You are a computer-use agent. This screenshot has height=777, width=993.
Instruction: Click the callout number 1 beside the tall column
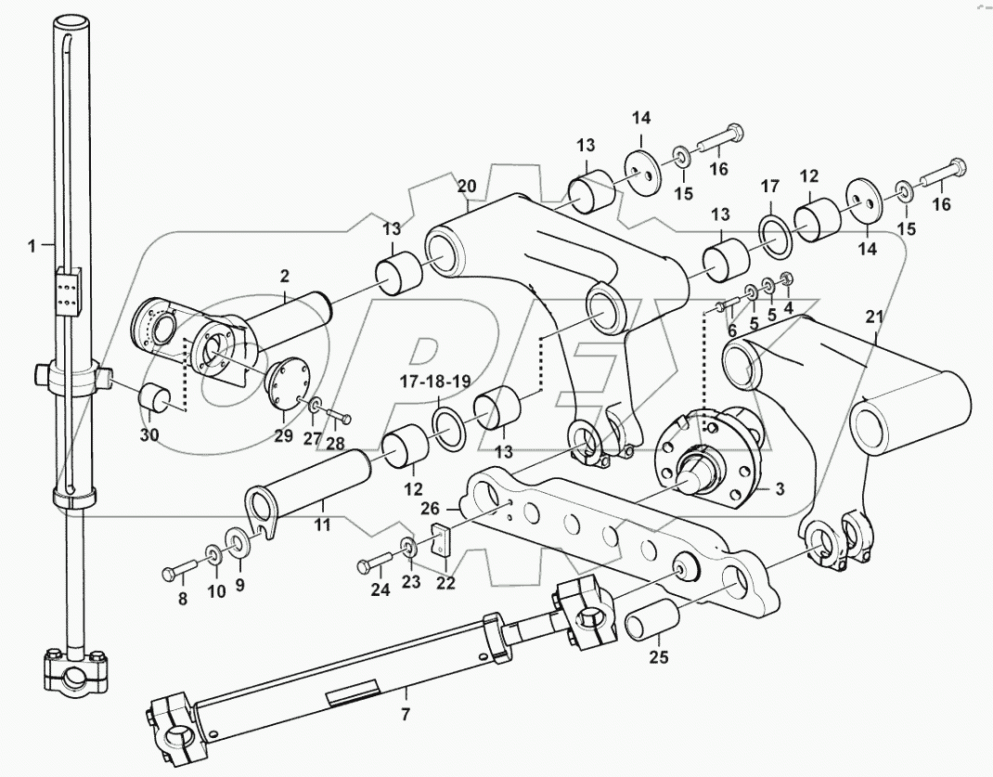[33, 246]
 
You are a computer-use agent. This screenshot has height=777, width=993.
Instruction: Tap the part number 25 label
[659, 659]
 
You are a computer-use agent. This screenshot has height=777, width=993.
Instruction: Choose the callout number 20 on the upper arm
[467, 186]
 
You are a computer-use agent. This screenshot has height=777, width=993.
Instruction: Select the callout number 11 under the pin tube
[322, 525]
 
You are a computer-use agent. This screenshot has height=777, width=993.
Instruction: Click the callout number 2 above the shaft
[284, 275]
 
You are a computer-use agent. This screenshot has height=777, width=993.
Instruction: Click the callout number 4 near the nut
[788, 306]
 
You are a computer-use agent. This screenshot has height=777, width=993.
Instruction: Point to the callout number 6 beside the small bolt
[731, 330]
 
